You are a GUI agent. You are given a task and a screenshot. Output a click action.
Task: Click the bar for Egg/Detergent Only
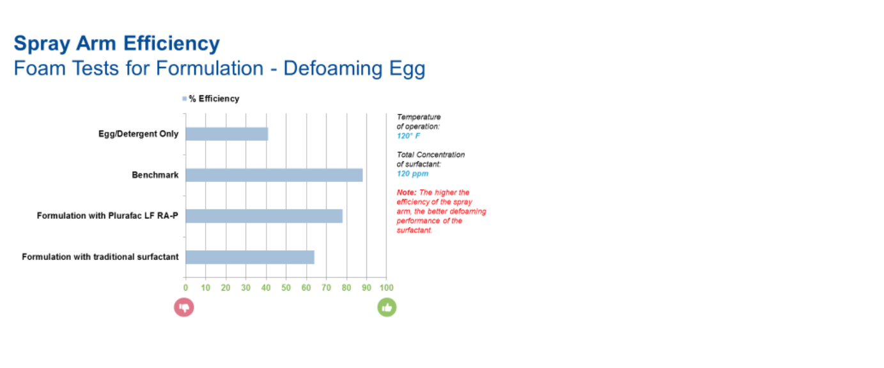[x=227, y=134]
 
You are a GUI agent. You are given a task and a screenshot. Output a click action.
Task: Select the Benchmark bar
[x=274, y=175]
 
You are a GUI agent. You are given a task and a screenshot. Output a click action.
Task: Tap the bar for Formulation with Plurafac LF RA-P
[x=264, y=216]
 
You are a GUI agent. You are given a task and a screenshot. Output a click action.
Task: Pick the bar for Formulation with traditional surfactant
[x=250, y=257]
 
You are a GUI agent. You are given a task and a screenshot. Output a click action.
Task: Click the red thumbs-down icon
[x=184, y=308]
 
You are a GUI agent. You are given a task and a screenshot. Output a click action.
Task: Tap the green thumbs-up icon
[x=387, y=308]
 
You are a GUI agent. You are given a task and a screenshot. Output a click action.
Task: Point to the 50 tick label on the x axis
[x=286, y=288]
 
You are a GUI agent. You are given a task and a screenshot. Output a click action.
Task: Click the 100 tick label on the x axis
[x=387, y=288]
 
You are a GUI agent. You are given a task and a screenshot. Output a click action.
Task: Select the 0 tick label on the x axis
[x=186, y=288]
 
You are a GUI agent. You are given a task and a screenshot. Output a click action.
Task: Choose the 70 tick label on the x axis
[x=327, y=288]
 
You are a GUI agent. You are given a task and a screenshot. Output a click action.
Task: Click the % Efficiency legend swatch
[x=184, y=99]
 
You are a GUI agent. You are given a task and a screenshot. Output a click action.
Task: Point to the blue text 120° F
[x=408, y=136]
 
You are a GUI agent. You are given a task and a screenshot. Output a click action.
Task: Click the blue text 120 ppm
[x=412, y=174]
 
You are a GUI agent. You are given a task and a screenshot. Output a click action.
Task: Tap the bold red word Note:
[x=407, y=193]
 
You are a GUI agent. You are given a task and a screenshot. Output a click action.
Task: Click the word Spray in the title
[x=42, y=44]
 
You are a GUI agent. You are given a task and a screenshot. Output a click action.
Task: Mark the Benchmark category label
[x=155, y=175]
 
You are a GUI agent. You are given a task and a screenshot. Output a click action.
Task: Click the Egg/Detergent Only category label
[x=139, y=134]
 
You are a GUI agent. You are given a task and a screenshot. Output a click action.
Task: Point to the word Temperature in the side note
[x=419, y=117]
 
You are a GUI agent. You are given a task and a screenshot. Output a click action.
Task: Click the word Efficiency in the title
[x=172, y=44]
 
